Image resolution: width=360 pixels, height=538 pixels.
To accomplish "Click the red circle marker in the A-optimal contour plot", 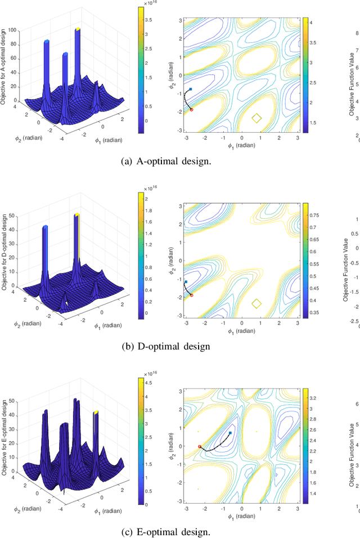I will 191,109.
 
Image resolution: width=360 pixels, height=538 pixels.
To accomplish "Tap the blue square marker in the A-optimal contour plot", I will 191,89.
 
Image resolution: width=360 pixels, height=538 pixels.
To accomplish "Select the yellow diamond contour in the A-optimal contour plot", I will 256,118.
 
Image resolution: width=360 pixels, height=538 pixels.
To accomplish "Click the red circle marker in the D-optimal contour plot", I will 191,295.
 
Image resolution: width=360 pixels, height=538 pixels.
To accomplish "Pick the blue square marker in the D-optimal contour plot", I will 186,281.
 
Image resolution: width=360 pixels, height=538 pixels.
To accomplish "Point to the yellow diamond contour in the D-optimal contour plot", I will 256,303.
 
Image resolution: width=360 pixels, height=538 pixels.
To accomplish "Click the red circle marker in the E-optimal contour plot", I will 200,446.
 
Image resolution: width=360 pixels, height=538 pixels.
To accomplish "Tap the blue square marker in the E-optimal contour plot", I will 230,433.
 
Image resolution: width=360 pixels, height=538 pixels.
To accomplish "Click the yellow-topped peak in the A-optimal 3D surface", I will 78,29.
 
